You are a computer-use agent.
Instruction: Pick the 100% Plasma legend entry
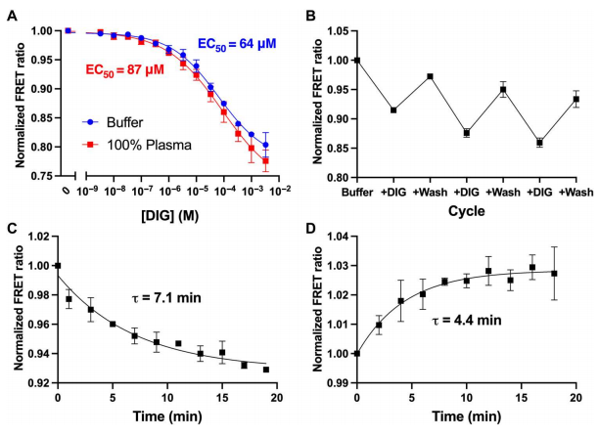(132, 144)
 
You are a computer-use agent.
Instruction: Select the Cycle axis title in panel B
(465, 210)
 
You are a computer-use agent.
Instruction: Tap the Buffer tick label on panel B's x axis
(356, 192)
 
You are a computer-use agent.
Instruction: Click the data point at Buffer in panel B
(357, 60)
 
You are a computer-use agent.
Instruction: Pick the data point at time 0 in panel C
(58, 265)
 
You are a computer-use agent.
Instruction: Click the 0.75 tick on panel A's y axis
(38, 177)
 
